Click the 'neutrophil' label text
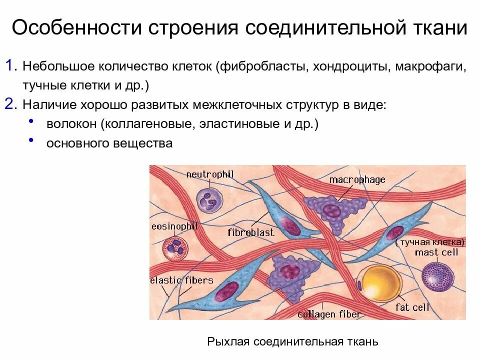[210, 174]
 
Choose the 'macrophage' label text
[357, 179]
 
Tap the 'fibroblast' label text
[251, 232]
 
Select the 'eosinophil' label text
[174, 226]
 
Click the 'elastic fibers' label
[182, 280]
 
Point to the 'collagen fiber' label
[329, 314]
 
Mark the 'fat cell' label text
[412, 307]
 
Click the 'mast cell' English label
[436, 252]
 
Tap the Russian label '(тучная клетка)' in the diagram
[429, 242]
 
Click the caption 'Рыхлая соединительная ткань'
[292, 342]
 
